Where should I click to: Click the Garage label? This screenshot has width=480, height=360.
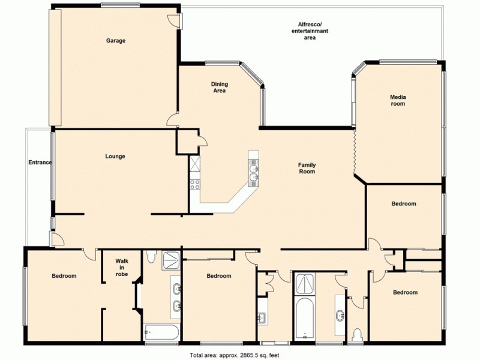pyautogui.click(x=116, y=41)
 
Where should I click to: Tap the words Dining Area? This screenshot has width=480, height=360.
pyautogui.click(x=219, y=88)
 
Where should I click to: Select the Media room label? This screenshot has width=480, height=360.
pyautogui.click(x=397, y=100)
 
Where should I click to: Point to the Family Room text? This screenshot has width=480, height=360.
pyautogui.click(x=307, y=169)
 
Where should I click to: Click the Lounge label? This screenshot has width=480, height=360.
pyautogui.click(x=115, y=157)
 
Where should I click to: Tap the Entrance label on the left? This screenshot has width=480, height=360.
pyautogui.click(x=40, y=163)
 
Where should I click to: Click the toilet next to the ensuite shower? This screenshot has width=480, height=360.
pyautogui.click(x=151, y=257)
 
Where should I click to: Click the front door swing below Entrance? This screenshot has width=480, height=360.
pyautogui.click(x=58, y=240)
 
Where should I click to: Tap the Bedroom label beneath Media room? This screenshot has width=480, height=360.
pyautogui.click(x=403, y=204)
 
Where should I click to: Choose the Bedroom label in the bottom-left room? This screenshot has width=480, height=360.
pyautogui.click(x=64, y=276)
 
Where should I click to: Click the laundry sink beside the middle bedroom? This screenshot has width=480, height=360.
pyautogui.click(x=262, y=318)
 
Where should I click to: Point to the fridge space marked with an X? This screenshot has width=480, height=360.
pyautogui.click(x=195, y=163)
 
